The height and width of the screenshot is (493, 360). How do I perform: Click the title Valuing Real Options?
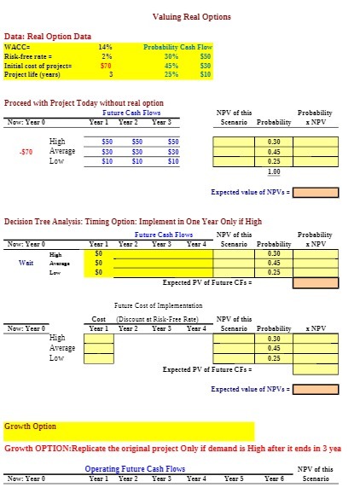(191, 17)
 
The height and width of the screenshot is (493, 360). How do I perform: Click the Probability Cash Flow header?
(177, 47)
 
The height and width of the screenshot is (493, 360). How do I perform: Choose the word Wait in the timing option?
(26, 263)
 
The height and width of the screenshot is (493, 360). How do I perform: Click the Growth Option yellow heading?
(31, 426)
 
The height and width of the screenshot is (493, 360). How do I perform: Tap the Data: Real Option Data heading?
(48, 36)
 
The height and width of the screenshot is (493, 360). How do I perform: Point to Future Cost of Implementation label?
(158, 304)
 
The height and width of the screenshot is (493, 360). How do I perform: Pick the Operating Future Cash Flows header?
(135, 468)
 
